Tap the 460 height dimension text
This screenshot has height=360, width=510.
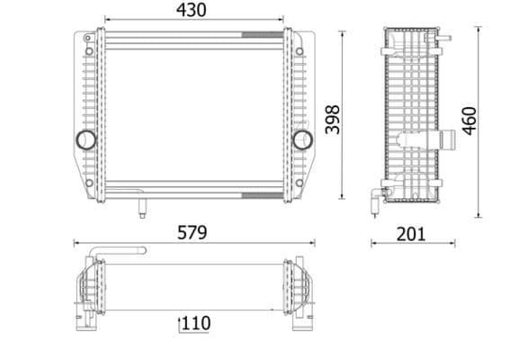pos(470,121)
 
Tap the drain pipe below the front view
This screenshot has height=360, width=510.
pos(141,207)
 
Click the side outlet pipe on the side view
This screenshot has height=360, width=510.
pos(445,140)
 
